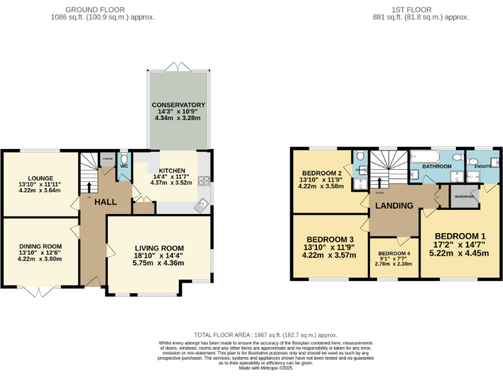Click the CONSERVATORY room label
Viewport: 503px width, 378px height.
pyautogui.click(x=179, y=105)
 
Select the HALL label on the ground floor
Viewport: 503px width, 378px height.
pyautogui.click(x=106, y=203)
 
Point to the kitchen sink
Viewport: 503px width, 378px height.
pyautogui.click(x=202, y=205)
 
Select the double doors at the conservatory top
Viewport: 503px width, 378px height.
pyautogui.click(x=179, y=67)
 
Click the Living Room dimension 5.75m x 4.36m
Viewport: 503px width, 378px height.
pyautogui.click(x=158, y=263)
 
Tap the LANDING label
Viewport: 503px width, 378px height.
pyautogui.click(x=394, y=205)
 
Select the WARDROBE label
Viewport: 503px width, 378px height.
pyautogui.click(x=464, y=195)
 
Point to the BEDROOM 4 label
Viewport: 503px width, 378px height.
pyautogui.click(x=394, y=253)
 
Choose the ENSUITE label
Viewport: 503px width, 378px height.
pyautogui.click(x=484, y=167)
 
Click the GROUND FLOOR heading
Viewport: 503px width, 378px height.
pyautogui.click(x=102, y=9)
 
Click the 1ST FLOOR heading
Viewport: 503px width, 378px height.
pyautogui.click(x=420, y=9)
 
